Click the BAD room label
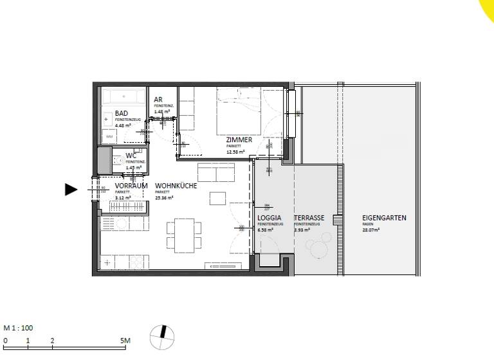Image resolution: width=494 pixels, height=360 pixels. pos(122,113)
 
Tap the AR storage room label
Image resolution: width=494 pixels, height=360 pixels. pos(158,100)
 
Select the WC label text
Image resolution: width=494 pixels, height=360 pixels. pos(131,156)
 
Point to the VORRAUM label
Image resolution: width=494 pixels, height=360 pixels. pos(131,186)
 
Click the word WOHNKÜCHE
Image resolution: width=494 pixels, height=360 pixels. pos(176,186)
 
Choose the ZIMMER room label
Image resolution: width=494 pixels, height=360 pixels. pos(239,139)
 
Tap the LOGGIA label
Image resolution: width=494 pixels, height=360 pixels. pos(269,218)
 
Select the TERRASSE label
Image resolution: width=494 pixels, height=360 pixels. pos(309,218)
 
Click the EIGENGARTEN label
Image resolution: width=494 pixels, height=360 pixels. pos(384,218)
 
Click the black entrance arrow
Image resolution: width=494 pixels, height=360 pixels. pos(71,189)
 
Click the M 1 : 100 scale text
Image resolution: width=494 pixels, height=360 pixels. pos(19,328)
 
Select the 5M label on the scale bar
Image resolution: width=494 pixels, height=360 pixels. pos(125,340)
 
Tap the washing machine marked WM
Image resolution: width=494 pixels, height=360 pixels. pos(109,137)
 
